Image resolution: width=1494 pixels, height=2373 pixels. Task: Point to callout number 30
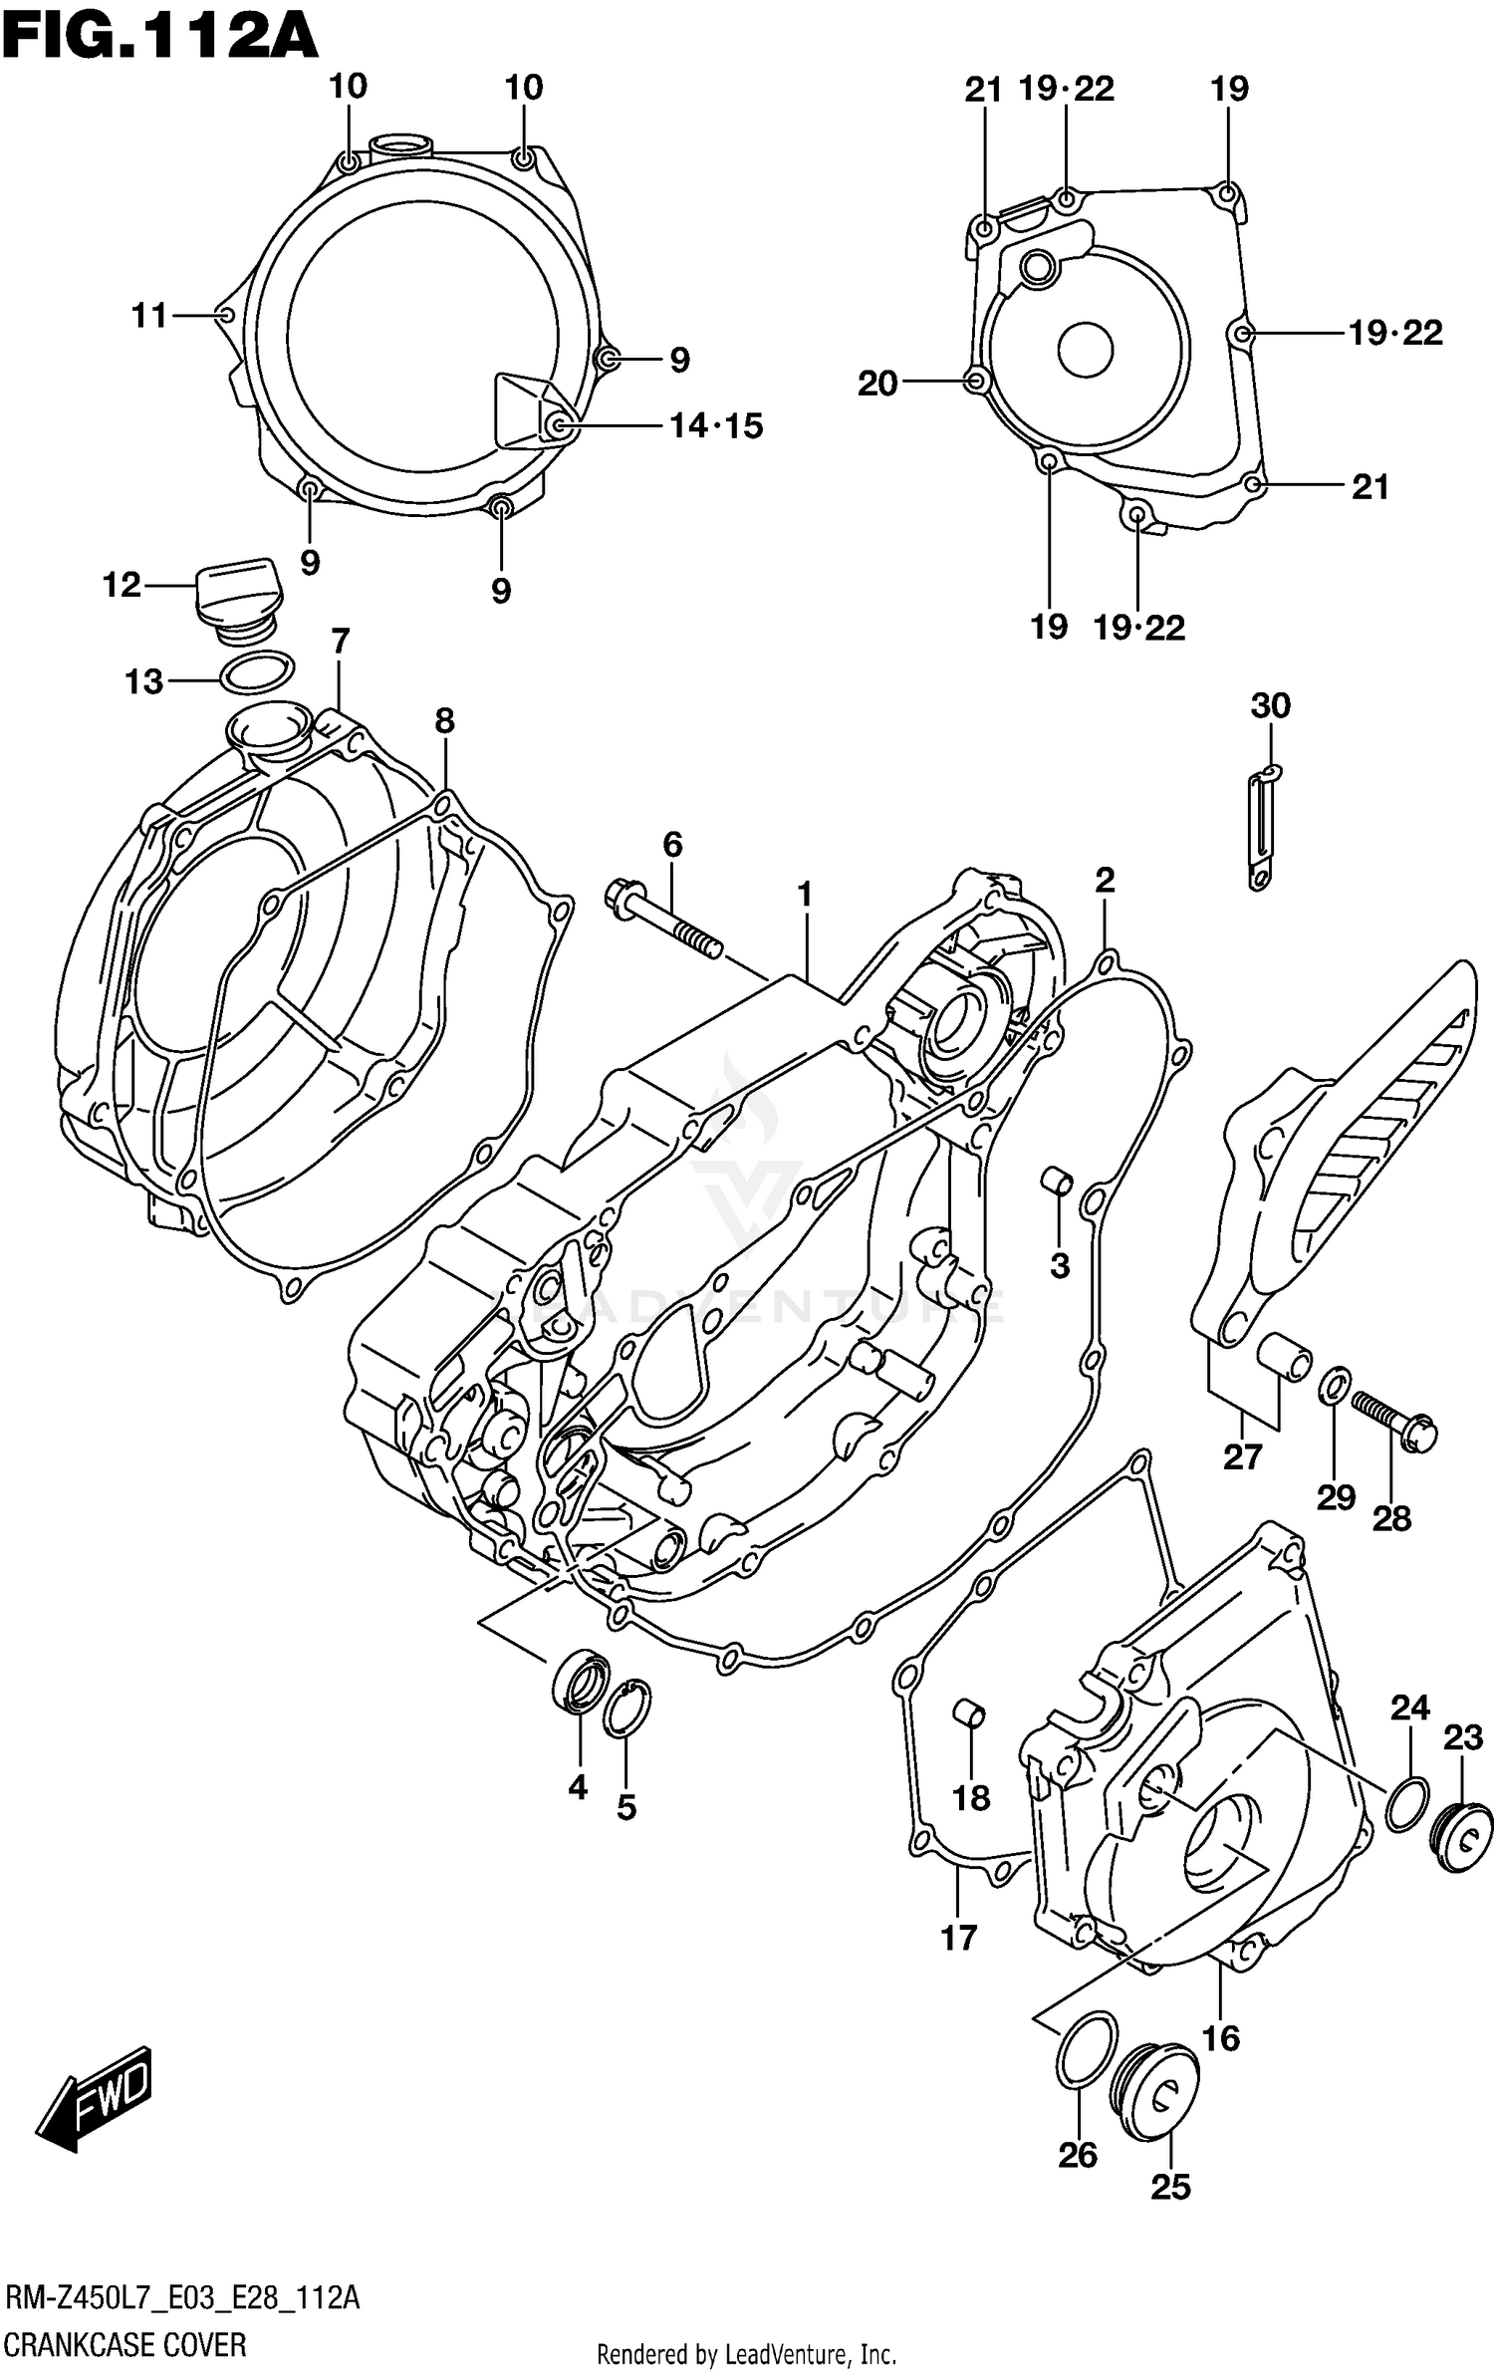click(1270, 706)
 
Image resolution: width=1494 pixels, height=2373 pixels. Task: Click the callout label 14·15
click(715, 426)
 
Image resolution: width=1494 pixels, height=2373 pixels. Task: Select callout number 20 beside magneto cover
click(877, 384)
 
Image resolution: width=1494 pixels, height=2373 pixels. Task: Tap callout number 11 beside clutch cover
click(149, 316)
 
